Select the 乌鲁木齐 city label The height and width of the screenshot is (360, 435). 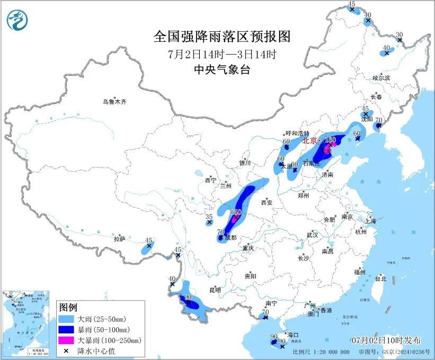point(116,102)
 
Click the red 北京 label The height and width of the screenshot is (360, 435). point(309,142)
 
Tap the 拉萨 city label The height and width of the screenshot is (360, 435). point(119,239)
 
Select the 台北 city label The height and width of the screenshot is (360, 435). point(380,278)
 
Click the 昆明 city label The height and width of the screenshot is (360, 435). point(215,290)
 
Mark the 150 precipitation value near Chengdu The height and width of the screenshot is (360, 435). point(236,213)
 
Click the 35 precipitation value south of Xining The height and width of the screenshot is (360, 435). point(209,217)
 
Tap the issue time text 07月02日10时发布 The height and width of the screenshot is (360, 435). point(386,339)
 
